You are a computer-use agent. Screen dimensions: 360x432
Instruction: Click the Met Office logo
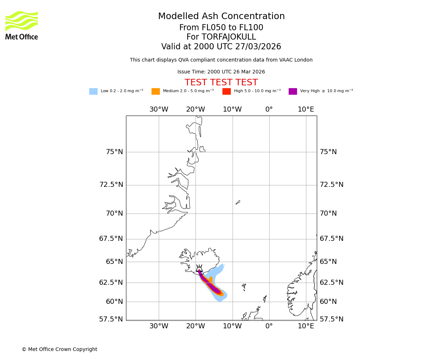point(22,25)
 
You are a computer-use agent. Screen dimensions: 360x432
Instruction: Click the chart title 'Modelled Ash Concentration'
point(221,17)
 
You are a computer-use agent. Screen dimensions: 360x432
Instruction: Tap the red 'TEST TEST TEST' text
point(221,83)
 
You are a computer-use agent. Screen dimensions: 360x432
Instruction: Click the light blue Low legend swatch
point(93,91)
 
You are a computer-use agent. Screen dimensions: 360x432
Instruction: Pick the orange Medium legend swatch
point(156,91)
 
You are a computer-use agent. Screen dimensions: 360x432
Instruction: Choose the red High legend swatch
point(226,91)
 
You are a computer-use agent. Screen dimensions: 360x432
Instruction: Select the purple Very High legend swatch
point(293,91)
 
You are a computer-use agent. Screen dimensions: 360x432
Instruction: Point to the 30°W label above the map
point(159,109)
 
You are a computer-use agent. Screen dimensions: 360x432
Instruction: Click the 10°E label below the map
point(306,326)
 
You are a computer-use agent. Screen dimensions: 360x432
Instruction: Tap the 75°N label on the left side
point(114,152)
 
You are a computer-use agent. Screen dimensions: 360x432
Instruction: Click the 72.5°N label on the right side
point(332,185)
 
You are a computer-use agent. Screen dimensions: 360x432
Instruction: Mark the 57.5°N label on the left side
point(111,319)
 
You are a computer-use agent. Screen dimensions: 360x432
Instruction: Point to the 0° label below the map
point(269,326)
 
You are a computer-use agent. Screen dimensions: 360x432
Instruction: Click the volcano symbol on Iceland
point(199,268)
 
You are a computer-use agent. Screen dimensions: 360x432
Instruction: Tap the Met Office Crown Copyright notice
point(59,350)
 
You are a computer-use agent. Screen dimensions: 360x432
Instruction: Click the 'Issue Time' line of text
point(221,72)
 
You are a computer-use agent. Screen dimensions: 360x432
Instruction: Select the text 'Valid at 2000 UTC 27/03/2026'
point(221,47)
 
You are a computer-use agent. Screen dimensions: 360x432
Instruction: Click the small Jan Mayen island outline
point(238,202)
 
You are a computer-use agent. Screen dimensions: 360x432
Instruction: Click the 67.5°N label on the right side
point(332,239)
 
